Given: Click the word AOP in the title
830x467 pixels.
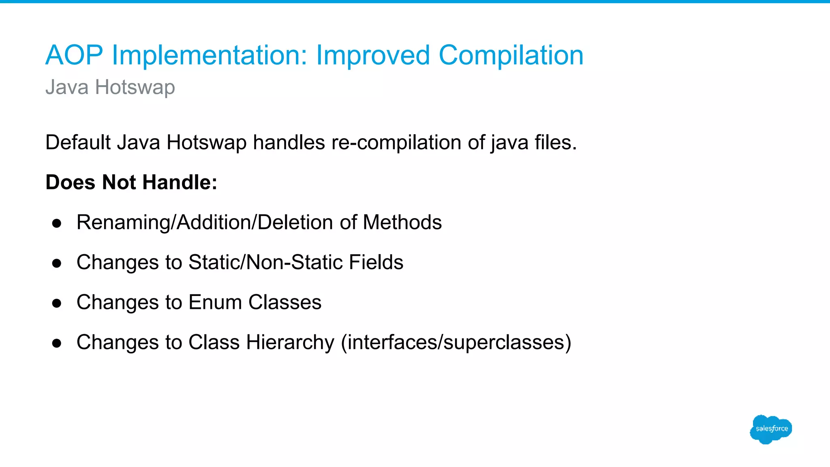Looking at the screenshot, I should click(x=74, y=55).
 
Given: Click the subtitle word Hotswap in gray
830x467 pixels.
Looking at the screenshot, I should click(x=135, y=87).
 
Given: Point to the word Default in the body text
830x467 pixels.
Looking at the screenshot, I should click(x=78, y=143).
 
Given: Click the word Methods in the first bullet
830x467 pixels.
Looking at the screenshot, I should click(x=402, y=223).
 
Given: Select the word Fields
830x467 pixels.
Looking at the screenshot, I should click(x=376, y=262).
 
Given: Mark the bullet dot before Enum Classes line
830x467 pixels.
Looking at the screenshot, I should click(x=57, y=303).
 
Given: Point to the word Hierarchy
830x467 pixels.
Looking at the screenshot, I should click(x=290, y=343).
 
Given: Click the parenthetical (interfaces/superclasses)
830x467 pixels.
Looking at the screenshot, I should click(x=456, y=343).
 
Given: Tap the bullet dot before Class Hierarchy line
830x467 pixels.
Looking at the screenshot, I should click(x=57, y=343).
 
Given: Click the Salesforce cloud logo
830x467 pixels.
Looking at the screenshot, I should click(x=771, y=429).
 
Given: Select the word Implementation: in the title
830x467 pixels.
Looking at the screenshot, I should click(x=210, y=55).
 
